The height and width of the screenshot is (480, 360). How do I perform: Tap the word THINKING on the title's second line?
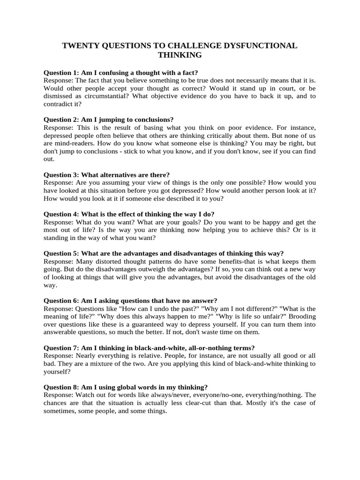point(180,55)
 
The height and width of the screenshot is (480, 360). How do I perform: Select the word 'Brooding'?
point(302,316)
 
